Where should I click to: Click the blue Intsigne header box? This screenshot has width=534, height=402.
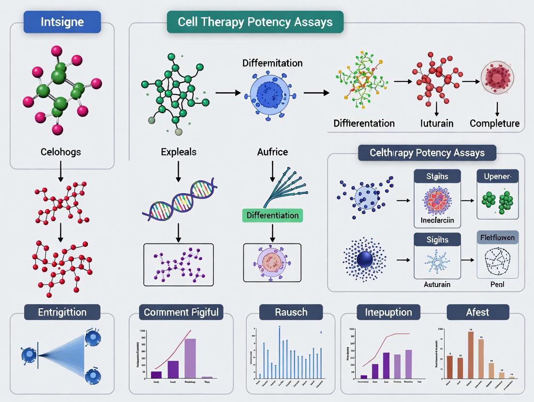pyautogui.click(x=62, y=21)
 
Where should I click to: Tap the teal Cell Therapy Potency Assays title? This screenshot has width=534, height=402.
pyautogui.click(x=255, y=22)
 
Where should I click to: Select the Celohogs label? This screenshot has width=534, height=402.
pyautogui.click(x=61, y=152)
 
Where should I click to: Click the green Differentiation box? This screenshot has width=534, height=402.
pyautogui.click(x=273, y=215)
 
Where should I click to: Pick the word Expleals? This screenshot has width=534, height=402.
pyautogui.click(x=178, y=152)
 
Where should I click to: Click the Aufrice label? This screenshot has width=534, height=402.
pyautogui.click(x=273, y=152)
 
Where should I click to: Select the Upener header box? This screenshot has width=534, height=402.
pyautogui.click(x=498, y=176)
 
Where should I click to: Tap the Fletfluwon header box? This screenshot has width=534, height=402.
pyautogui.click(x=498, y=238)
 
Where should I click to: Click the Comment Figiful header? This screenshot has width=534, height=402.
pyautogui.click(x=181, y=312)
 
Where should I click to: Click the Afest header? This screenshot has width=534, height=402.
pyautogui.click(x=477, y=312)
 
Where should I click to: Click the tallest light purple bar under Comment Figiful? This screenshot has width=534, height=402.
pyautogui.click(x=190, y=358)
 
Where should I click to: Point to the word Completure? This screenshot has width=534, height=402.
pyautogui.click(x=494, y=123)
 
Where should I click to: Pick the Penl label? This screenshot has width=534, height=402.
pyautogui.click(x=497, y=284)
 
